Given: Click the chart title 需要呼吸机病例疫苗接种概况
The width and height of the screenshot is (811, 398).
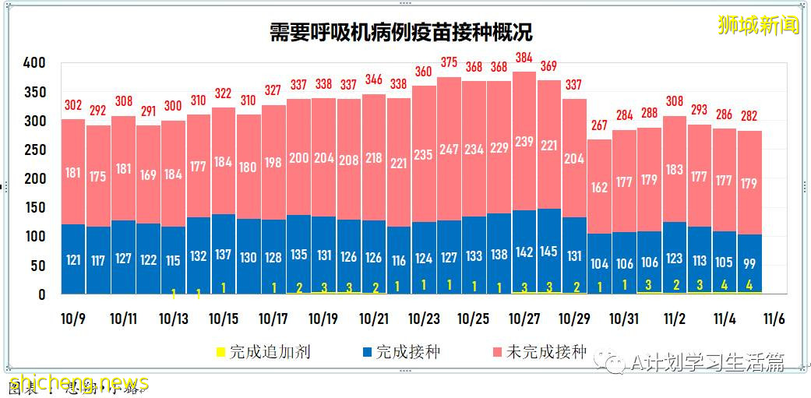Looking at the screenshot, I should click(400, 32).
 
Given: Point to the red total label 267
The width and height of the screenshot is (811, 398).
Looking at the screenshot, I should click(598, 126).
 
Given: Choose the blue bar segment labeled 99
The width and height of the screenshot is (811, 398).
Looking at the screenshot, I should click(749, 263).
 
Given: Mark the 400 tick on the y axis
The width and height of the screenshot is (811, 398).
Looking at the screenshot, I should click(34, 62).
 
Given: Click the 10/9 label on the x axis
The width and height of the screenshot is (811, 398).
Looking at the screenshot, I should click(73, 319).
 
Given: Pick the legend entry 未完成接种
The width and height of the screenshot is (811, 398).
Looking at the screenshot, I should click(538, 352).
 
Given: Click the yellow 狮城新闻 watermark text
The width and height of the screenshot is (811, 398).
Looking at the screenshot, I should click(758, 25).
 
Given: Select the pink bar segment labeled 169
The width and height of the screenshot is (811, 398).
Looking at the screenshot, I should click(148, 175).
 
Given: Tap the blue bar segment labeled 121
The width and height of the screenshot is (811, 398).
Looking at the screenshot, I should click(73, 259).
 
